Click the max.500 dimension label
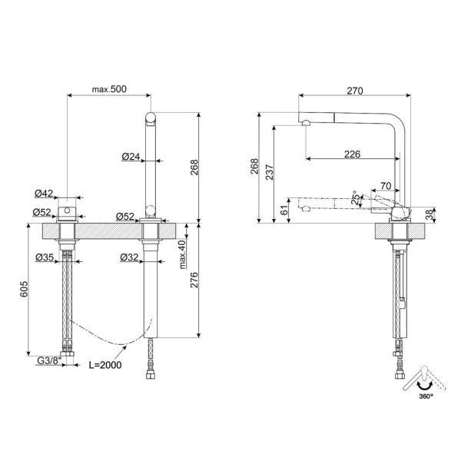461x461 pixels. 109,89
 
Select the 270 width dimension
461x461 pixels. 355,91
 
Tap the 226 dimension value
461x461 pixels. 352,154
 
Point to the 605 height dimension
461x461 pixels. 24,289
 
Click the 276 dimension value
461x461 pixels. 194,280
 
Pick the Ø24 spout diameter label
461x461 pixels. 131,157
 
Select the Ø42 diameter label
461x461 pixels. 44,193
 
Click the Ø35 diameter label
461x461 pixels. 45,257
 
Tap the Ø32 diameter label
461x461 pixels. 129,257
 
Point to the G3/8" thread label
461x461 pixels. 49,360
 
